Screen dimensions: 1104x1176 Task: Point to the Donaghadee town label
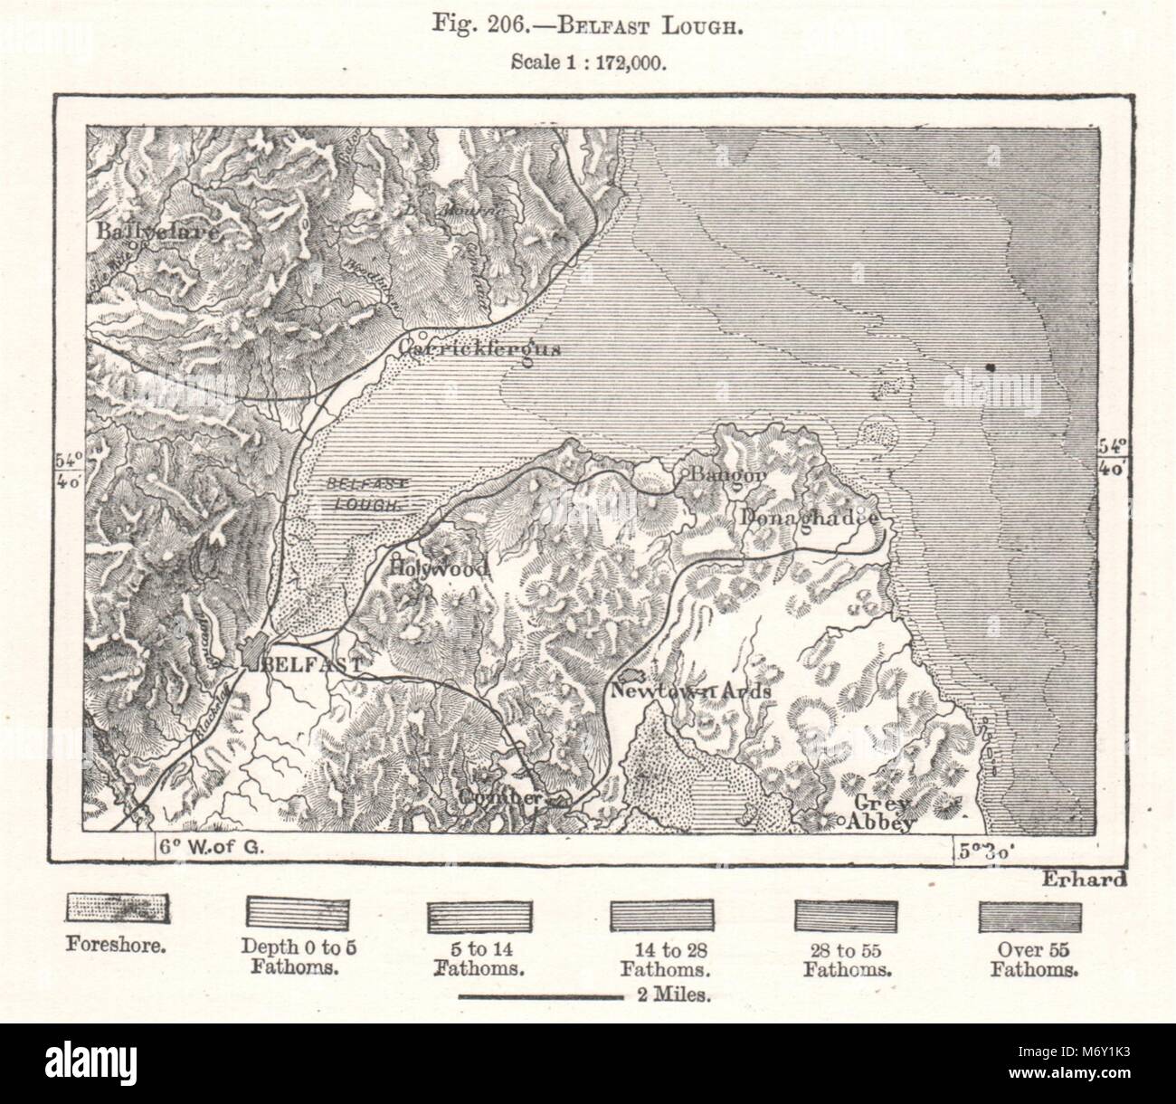tap(808, 518)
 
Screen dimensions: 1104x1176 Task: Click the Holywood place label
tap(439, 568)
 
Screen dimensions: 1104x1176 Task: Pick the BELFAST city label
tap(311, 664)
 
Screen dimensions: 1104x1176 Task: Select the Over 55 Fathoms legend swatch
tap(1031, 916)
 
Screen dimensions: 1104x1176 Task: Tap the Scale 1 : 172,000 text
tap(587, 63)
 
